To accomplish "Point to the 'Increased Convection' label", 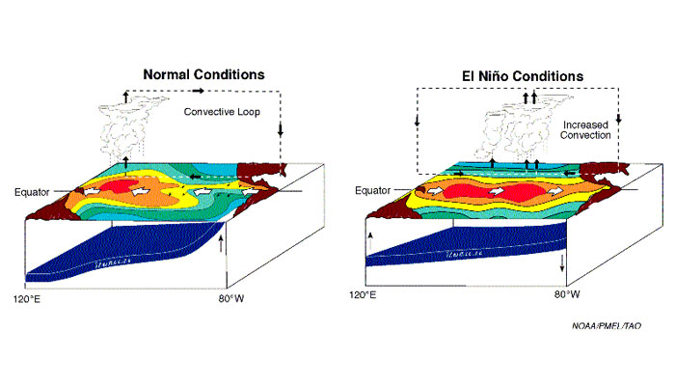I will click(586, 129).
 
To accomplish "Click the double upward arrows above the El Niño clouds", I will click(527, 96).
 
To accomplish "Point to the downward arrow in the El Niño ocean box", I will click(560, 262).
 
